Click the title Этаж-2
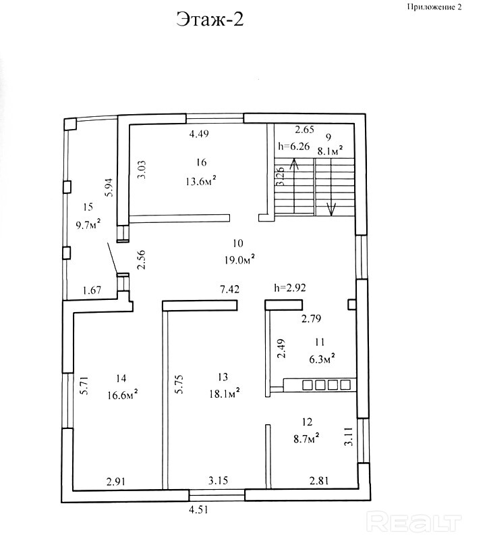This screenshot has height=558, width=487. (x=210, y=20)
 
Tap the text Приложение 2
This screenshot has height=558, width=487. (x=434, y=7)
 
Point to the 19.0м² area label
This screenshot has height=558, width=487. (x=239, y=258)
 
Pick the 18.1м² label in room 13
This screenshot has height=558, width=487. (x=225, y=392)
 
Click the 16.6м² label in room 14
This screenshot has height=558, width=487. (x=122, y=392)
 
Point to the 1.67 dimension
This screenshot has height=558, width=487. (x=92, y=290)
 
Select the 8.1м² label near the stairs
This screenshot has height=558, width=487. (x=330, y=150)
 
